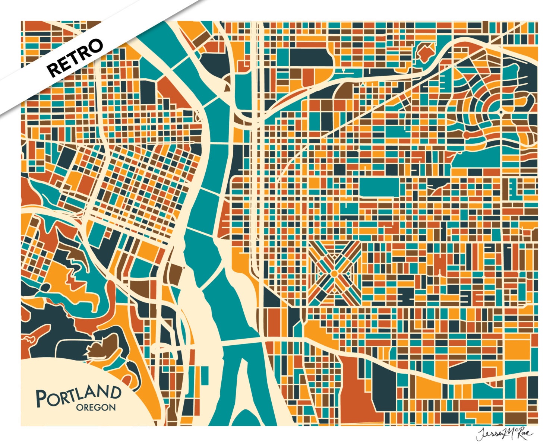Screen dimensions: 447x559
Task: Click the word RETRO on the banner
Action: [75, 58]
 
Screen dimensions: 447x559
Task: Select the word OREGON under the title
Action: [96, 408]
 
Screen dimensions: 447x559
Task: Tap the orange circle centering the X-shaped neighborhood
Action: [334, 274]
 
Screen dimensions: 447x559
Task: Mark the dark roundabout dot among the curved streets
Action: [501, 112]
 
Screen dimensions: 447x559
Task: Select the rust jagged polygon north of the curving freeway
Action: [424, 52]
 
